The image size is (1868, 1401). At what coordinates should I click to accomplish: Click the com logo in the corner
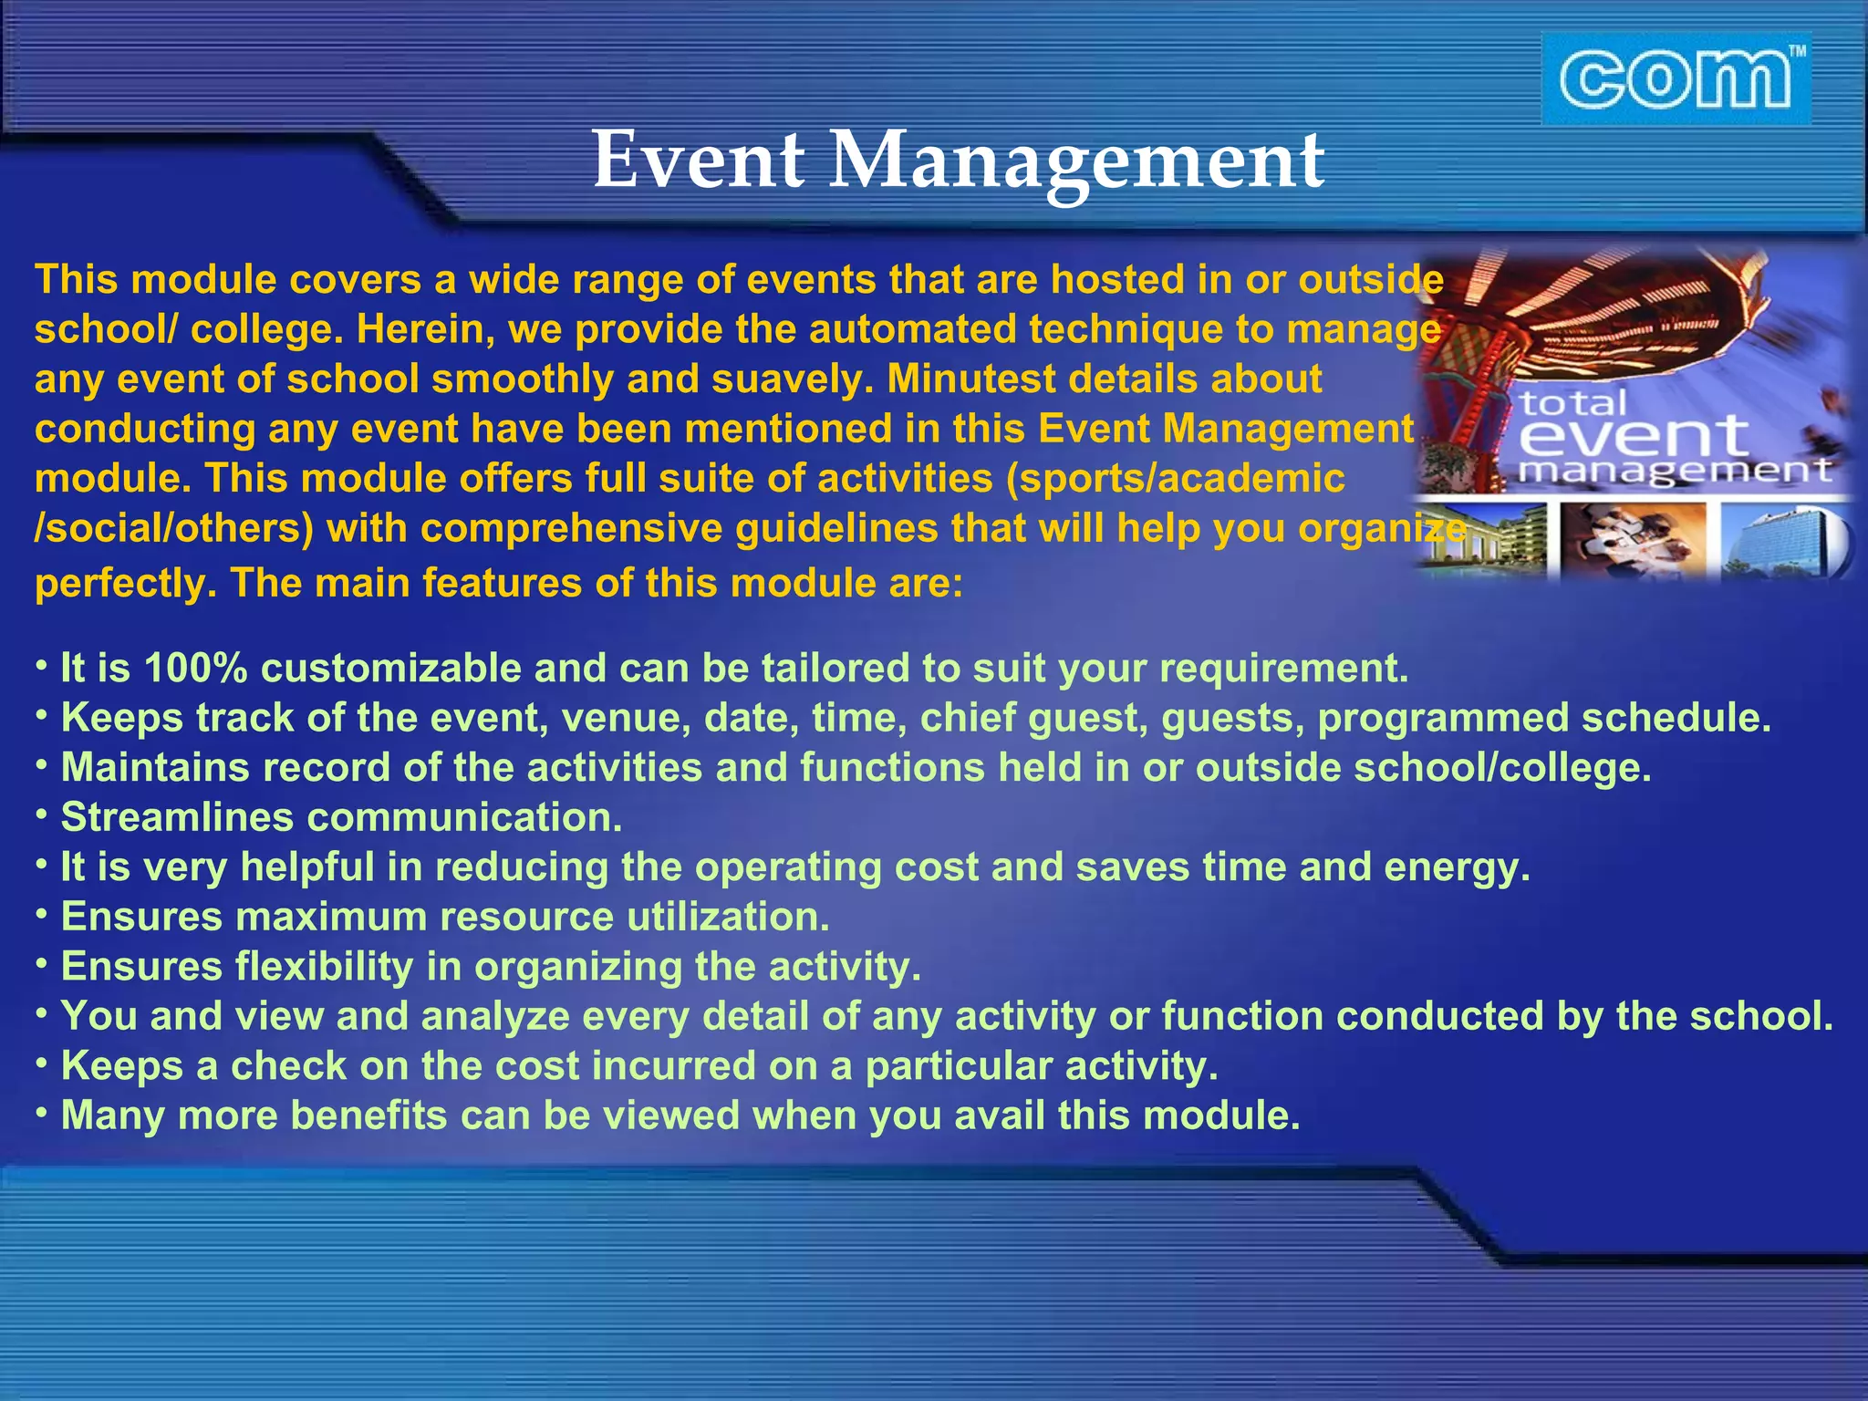click(x=1674, y=79)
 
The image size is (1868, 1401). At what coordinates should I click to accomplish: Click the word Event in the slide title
click(x=698, y=160)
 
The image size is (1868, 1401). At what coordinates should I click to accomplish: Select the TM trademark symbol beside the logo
click(x=1796, y=53)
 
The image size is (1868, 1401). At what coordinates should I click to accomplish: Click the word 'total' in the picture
click(x=1572, y=402)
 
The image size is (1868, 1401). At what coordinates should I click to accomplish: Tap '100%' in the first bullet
click(x=194, y=669)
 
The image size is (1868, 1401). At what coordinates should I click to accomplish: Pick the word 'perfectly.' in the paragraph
click(x=125, y=584)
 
